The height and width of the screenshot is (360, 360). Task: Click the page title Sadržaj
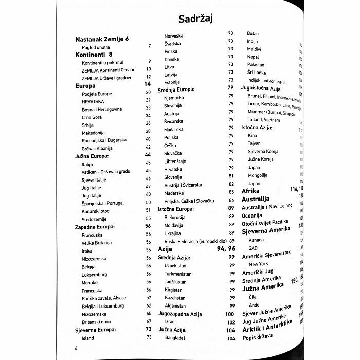pyautogui.click(x=195, y=19)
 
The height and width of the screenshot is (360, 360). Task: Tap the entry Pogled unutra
pyautogui.click(x=96, y=47)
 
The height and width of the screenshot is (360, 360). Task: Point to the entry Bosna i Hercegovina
pyautogui.click(x=102, y=109)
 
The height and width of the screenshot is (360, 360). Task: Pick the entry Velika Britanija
pyautogui.click(x=97, y=243)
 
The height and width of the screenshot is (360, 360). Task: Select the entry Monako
pyautogui.click(x=90, y=283)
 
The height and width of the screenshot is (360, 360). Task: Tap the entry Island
pyautogui.click(x=88, y=338)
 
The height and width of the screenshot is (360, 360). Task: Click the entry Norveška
pyautogui.click(x=174, y=36)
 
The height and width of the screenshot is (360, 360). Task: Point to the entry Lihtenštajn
pyautogui.click(x=175, y=161)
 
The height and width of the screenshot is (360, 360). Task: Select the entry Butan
pyautogui.click(x=253, y=33)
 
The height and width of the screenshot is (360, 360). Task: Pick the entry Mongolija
pyautogui.click(x=258, y=175)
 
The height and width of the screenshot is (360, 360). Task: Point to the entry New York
pyautogui.click(x=258, y=264)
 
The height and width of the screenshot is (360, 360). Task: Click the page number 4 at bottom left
pyautogui.click(x=76, y=350)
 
